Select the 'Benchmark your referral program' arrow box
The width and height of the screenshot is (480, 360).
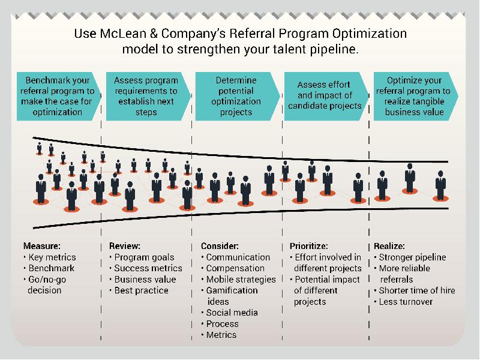coord(58,96)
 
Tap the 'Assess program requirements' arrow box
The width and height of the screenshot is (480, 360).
coord(148,96)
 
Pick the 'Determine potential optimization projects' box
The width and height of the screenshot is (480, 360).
coord(237,96)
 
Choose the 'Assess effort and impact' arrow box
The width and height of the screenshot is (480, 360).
coord(326,96)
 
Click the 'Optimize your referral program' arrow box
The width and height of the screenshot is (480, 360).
coord(416,96)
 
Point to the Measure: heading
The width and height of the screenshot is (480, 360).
coord(42,246)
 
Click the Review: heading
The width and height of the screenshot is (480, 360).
coord(125,246)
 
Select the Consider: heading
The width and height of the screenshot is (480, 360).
coord(220,246)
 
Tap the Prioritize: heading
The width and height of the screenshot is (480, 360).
coord(308,246)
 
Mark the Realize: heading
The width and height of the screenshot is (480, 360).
coord(389,246)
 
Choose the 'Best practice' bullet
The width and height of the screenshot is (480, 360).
coord(139,290)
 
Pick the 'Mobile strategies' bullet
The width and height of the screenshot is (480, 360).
coord(238,279)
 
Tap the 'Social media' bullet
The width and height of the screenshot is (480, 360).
coord(230,313)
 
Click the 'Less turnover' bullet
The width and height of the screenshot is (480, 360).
coord(403,302)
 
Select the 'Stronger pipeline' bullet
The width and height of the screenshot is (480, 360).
coord(410,257)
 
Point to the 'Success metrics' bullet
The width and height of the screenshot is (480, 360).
coord(146,268)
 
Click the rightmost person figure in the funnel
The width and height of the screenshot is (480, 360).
coord(440,186)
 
